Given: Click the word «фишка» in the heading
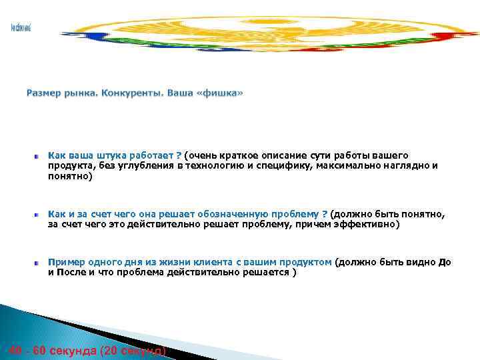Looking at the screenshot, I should [223, 93].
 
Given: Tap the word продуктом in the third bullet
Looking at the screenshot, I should [304, 262].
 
